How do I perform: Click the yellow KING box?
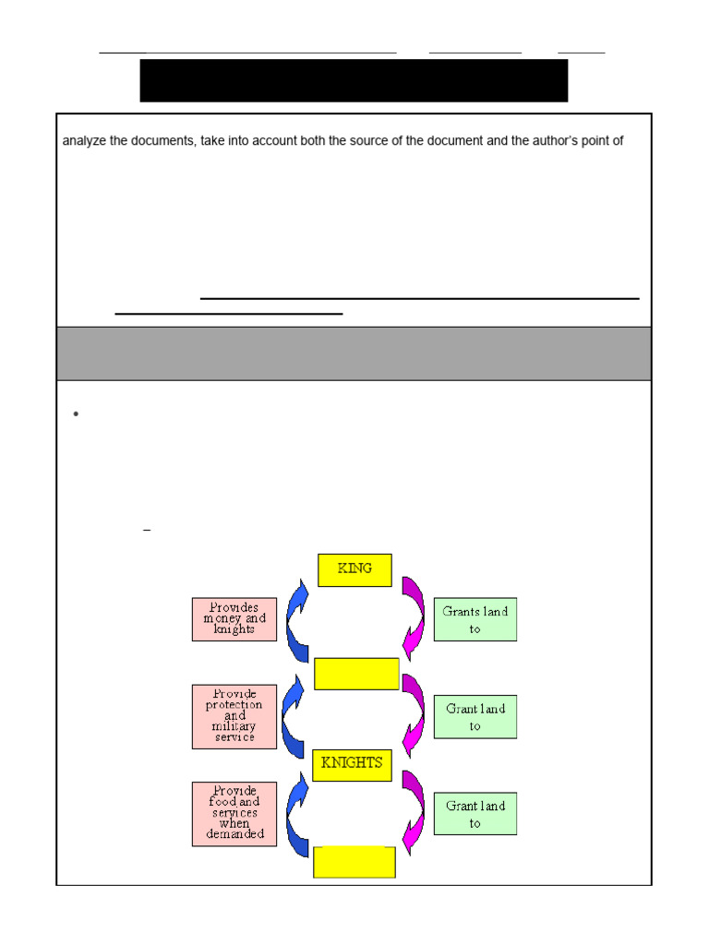click(x=354, y=569)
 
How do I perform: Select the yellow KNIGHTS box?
click(x=352, y=765)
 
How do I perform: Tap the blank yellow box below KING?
click(x=356, y=674)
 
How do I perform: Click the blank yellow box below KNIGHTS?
click(x=354, y=862)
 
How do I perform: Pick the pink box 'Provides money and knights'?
click(x=234, y=619)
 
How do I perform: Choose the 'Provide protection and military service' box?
click(x=234, y=716)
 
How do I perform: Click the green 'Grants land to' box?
click(x=475, y=619)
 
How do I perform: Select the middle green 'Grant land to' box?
click(x=475, y=716)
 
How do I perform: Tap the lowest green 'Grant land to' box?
click(x=475, y=814)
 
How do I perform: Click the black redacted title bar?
click(x=354, y=80)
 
